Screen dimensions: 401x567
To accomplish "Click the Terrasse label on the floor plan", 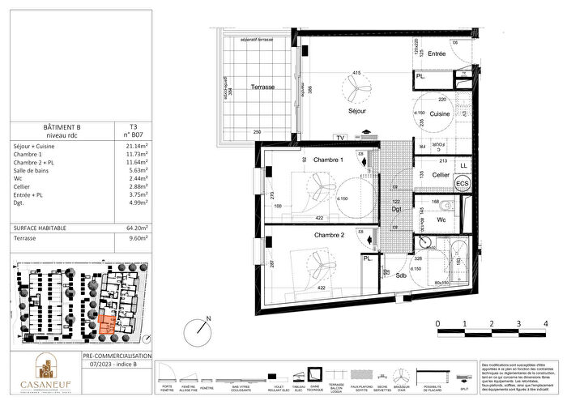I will point(261,86).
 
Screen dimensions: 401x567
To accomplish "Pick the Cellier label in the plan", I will point(441,175).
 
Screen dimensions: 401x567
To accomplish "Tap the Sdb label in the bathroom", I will point(399,275).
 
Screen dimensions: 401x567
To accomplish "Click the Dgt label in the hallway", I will point(396,210).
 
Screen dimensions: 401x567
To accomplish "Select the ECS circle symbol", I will point(463,184).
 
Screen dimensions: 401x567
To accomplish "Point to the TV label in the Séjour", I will point(341,137).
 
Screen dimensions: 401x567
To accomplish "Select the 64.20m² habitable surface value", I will point(127,228).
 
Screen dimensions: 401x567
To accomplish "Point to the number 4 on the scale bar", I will point(545,324).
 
